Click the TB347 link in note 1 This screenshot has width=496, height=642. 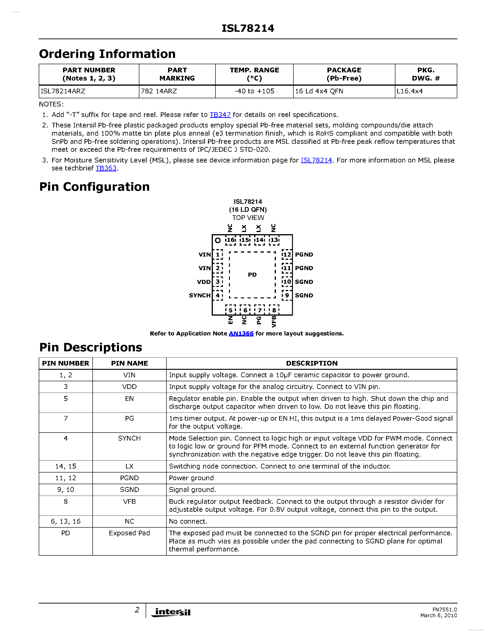click(220, 115)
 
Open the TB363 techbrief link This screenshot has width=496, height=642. click(106, 168)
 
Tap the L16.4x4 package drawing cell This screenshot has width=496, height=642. click(410, 91)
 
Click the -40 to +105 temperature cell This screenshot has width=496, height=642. click(254, 91)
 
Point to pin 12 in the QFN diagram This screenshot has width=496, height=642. click(287, 254)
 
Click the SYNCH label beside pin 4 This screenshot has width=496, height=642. click(200, 295)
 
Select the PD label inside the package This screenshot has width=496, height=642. click(252, 275)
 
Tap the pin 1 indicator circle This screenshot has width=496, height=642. click(218, 240)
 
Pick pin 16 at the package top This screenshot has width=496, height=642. click(231, 240)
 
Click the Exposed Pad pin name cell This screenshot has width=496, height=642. click(129, 533)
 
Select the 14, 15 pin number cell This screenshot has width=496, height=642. click(66, 466)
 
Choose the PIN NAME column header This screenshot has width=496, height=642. click(129, 363)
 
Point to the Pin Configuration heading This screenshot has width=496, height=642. click(94, 187)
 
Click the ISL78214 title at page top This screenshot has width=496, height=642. click(248, 28)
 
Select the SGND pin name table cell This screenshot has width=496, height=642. click(129, 490)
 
